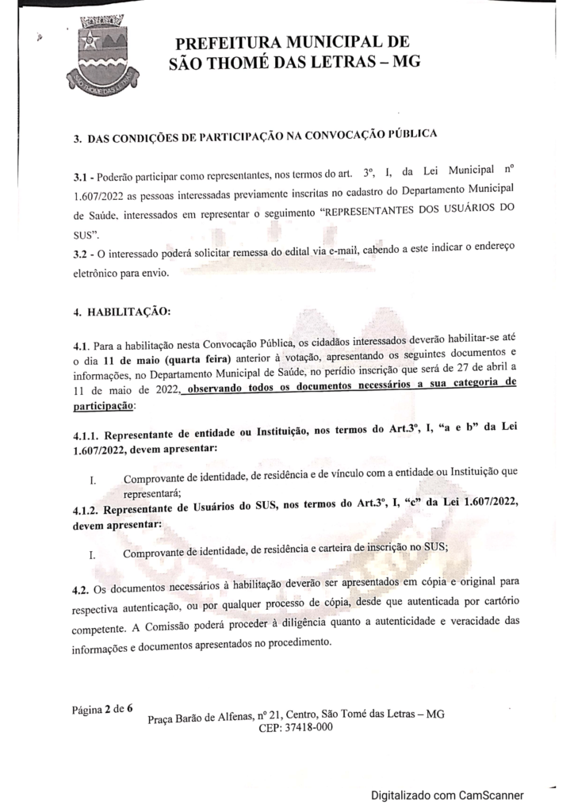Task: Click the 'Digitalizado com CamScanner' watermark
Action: point(446,794)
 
